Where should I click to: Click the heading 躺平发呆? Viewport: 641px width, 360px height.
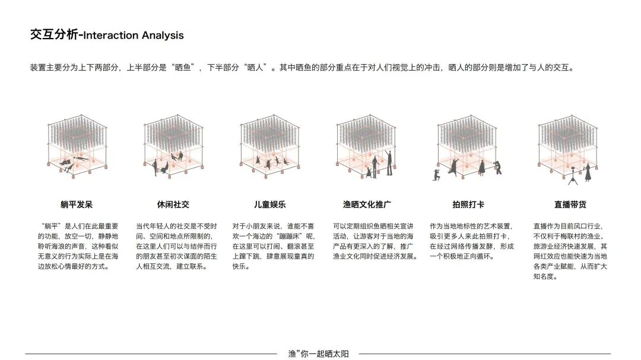(77, 205)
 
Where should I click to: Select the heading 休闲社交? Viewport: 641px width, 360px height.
(173, 205)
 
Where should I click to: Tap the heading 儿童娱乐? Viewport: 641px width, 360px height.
(270, 205)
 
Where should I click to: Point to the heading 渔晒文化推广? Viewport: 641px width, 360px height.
(367, 205)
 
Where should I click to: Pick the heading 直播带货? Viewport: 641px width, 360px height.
(570, 205)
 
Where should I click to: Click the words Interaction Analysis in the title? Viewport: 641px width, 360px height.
(134, 36)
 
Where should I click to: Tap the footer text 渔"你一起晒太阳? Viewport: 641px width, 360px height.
(318, 354)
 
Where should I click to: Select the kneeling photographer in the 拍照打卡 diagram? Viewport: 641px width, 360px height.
(436, 174)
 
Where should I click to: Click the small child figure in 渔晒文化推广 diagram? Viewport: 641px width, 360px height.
(368, 172)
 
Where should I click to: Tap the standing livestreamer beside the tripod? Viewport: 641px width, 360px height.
(587, 172)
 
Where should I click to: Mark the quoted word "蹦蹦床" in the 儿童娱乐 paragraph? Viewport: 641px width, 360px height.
(290, 236)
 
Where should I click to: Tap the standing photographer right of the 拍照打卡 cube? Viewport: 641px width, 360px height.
(497, 167)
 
